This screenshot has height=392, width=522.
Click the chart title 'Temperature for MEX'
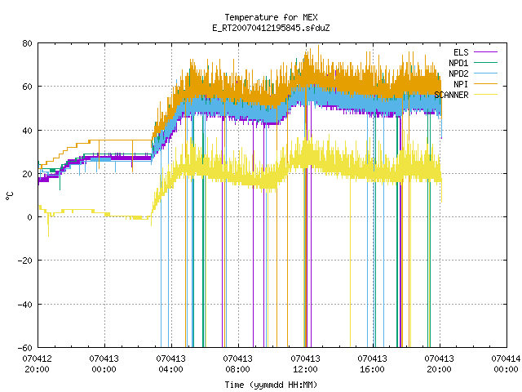[271, 17]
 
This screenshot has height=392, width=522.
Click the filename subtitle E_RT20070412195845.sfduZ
[271, 28]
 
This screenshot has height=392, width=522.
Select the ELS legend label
[461, 52]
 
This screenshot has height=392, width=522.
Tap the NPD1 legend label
[458, 63]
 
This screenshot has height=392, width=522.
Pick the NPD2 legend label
[458, 73]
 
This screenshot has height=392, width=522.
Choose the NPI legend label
[461, 84]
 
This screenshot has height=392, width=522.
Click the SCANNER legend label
[451, 95]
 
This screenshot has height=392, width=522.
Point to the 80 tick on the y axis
[27, 43]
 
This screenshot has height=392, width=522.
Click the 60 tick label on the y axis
[27, 87]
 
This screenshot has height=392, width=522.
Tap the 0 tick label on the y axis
[29, 217]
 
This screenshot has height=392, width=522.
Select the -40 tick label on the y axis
[24, 305]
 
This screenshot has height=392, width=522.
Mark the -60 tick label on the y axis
[24, 348]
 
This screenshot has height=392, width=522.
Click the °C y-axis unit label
[9, 196]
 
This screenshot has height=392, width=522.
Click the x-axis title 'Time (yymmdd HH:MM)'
[271, 385]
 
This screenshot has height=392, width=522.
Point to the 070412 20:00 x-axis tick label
[37, 364]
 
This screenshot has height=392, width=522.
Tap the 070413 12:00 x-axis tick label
[305, 364]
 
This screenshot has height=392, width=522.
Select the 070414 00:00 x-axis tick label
[506, 364]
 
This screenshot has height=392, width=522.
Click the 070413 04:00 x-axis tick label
[170, 364]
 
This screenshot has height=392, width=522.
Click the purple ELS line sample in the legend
[485, 52]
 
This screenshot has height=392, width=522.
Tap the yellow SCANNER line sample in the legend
[485, 95]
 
